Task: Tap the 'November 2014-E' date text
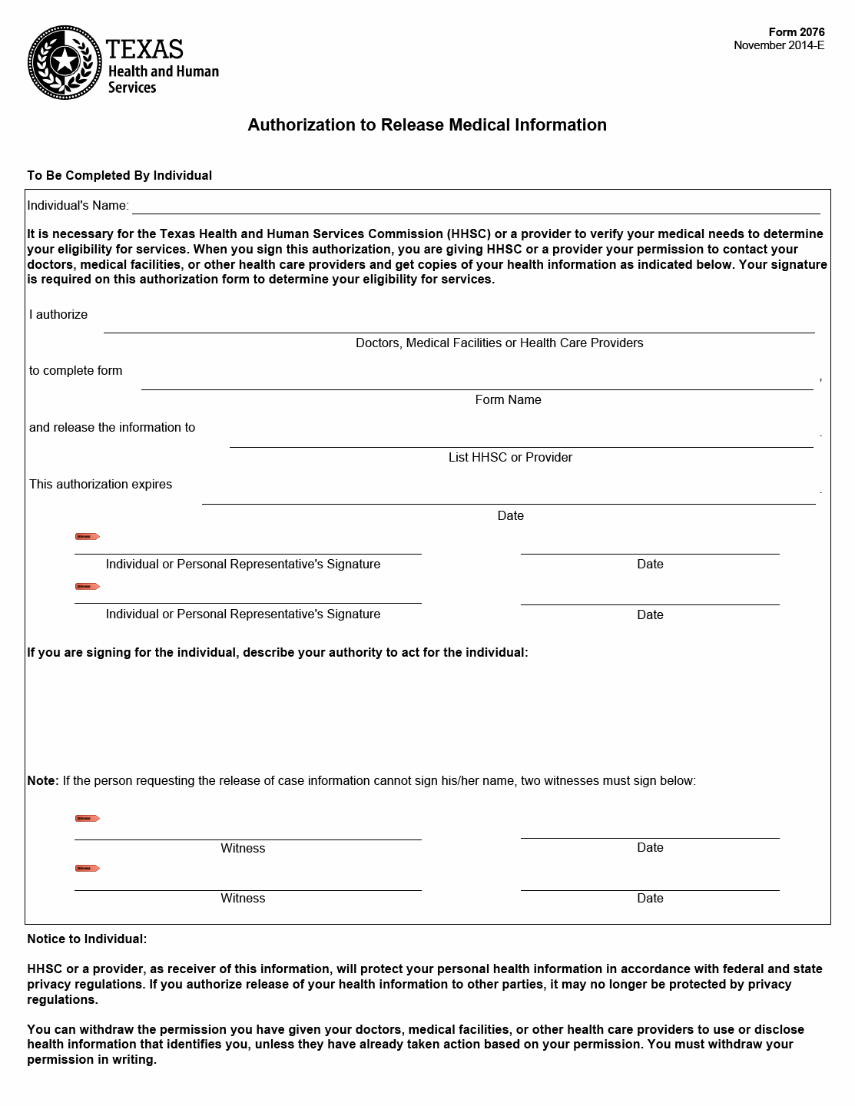[x=778, y=45]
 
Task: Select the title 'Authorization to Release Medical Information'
[x=427, y=125]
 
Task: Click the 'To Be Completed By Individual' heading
[x=119, y=175]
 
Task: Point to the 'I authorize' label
[x=58, y=314]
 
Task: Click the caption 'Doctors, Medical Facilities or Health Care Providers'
[x=499, y=343]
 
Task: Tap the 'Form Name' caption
[x=508, y=399]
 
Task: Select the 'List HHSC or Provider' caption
[x=510, y=457]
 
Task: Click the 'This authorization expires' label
[x=101, y=484]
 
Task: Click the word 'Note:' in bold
[x=43, y=780]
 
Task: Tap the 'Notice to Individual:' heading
[x=87, y=939]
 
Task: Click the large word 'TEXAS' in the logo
[x=144, y=50]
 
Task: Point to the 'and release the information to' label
[x=112, y=427]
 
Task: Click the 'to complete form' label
[x=76, y=370]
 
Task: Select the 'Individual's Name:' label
[x=78, y=205]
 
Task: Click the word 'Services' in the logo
[x=132, y=88]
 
